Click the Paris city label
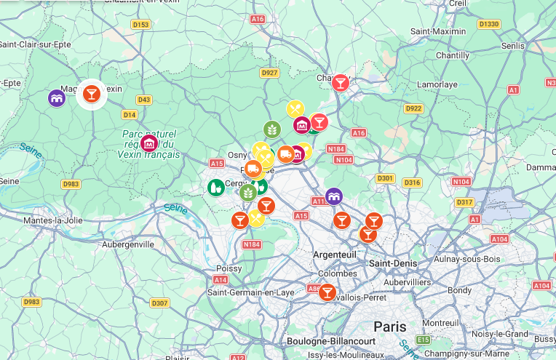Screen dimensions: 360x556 click(x=389, y=327)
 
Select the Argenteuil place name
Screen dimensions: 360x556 click(x=334, y=255)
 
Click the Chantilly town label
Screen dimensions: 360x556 click(x=452, y=55)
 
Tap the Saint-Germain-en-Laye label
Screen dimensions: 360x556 click(x=250, y=292)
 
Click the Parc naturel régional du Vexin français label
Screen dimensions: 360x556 click(x=151, y=144)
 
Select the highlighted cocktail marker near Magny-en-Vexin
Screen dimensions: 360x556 click(x=91, y=93)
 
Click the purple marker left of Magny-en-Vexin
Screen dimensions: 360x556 click(x=57, y=97)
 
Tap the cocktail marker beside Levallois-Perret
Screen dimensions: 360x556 click(x=327, y=292)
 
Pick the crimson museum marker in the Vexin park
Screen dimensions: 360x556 click(x=149, y=143)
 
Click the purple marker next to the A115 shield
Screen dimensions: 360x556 click(x=334, y=196)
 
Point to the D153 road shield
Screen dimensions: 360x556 click(x=140, y=25)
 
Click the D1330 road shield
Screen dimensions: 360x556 click(x=489, y=24)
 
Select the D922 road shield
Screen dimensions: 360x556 click(x=413, y=108)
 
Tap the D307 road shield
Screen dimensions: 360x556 click(x=159, y=303)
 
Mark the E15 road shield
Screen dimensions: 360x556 click(x=423, y=340)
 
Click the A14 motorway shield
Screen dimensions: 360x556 click(x=221, y=279)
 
